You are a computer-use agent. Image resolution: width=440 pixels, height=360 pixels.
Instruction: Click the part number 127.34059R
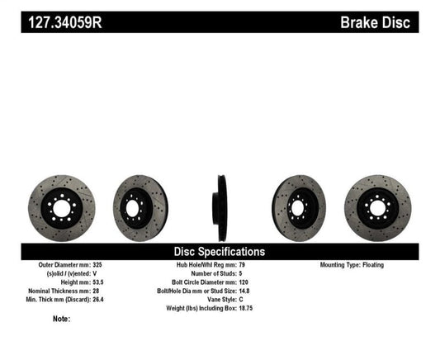(61, 21)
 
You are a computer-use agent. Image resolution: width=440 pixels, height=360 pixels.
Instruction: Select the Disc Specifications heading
(219, 251)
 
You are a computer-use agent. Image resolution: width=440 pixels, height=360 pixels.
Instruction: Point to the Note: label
(60, 318)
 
